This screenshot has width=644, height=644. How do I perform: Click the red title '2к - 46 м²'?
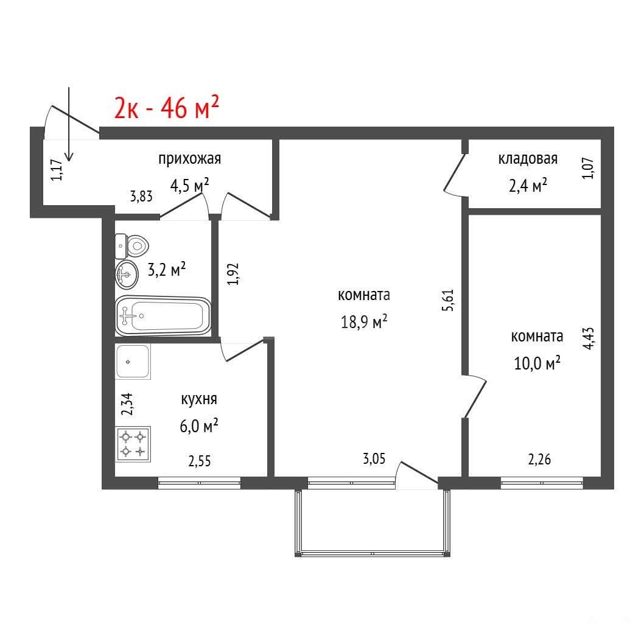click(x=166, y=107)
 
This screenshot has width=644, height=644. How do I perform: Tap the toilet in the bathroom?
click(x=131, y=246)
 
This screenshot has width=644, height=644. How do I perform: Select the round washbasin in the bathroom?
click(x=127, y=274)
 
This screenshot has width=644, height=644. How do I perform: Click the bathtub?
click(x=163, y=316)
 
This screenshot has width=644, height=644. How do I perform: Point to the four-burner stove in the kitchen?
click(x=133, y=444)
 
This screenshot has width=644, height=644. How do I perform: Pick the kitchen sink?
click(x=133, y=362)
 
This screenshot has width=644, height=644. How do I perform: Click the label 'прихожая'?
click(x=190, y=159)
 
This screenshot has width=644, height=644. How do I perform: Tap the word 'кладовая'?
click(x=528, y=158)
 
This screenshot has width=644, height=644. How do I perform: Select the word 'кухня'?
click(x=199, y=399)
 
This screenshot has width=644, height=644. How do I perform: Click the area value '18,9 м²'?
click(x=364, y=321)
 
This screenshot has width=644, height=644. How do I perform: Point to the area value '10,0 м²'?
click(x=537, y=363)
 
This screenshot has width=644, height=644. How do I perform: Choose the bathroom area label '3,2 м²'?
click(x=166, y=270)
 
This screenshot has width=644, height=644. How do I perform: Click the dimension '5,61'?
click(x=448, y=300)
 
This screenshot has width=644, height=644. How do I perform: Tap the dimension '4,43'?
click(x=589, y=338)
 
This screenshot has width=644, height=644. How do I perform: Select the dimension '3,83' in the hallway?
click(x=141, y=197)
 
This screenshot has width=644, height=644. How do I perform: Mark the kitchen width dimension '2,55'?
click(x=200, y=461)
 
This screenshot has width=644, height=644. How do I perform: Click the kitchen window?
click(x=199, y=483)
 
